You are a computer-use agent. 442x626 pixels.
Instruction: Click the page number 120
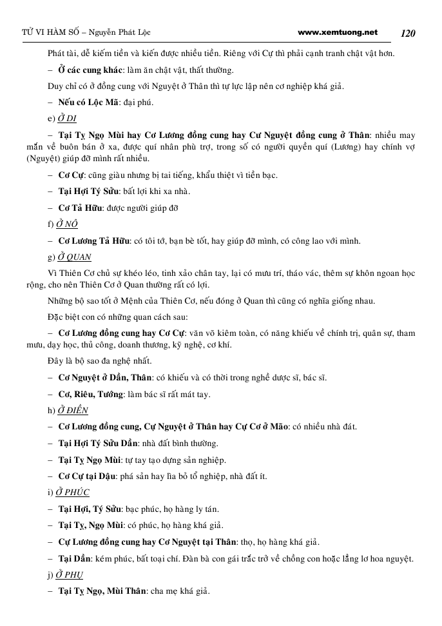(x=408, y=33)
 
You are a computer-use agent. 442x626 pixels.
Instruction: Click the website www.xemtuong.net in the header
(x=338, y=32)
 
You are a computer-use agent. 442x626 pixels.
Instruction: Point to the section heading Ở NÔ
(x=67, y=224)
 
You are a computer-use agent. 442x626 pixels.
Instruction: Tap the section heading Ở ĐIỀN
(x=72, y=410)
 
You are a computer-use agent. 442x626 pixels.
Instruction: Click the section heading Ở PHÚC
(x=72, y=492)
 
